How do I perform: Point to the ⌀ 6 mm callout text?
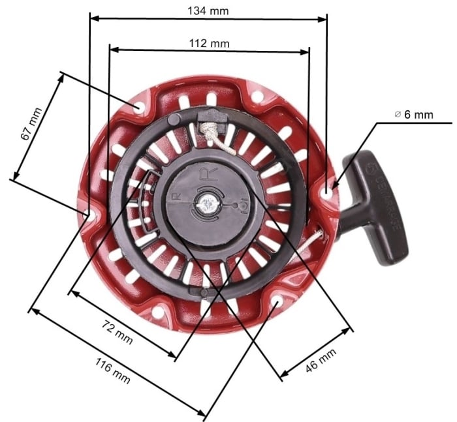[x=414, y=114]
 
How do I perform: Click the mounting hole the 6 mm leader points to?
[x=328, y=191]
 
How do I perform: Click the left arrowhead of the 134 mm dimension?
[x=93, y=19]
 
